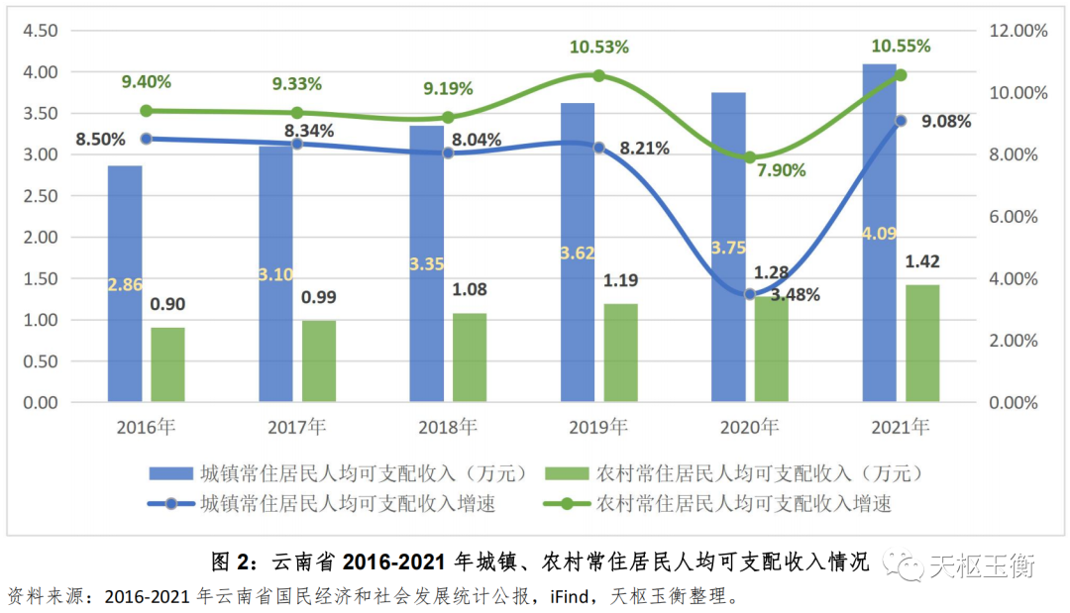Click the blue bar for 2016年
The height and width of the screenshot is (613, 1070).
[x=125, y=283]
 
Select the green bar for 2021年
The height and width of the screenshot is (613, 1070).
[x=922, y=343]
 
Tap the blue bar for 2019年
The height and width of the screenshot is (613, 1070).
[x=578, y=253]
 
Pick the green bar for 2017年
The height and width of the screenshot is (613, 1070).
[x=319, y=360]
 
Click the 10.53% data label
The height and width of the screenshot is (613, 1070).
[x=598, y=47]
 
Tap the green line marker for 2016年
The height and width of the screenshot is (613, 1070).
[x=146, y=111]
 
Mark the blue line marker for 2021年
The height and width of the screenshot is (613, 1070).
[x=901, y=121]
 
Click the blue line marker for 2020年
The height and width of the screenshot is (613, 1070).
[x=750, y=294]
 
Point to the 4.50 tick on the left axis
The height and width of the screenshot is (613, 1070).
[x=41, y=31]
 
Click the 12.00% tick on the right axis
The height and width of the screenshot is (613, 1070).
[x=1016, y=31]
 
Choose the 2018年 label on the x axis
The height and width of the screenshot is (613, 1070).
[x=447, y=428]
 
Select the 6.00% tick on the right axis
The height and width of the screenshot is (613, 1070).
[x=1013, y=217]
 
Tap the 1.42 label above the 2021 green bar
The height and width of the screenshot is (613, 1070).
[x=921, y=261]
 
